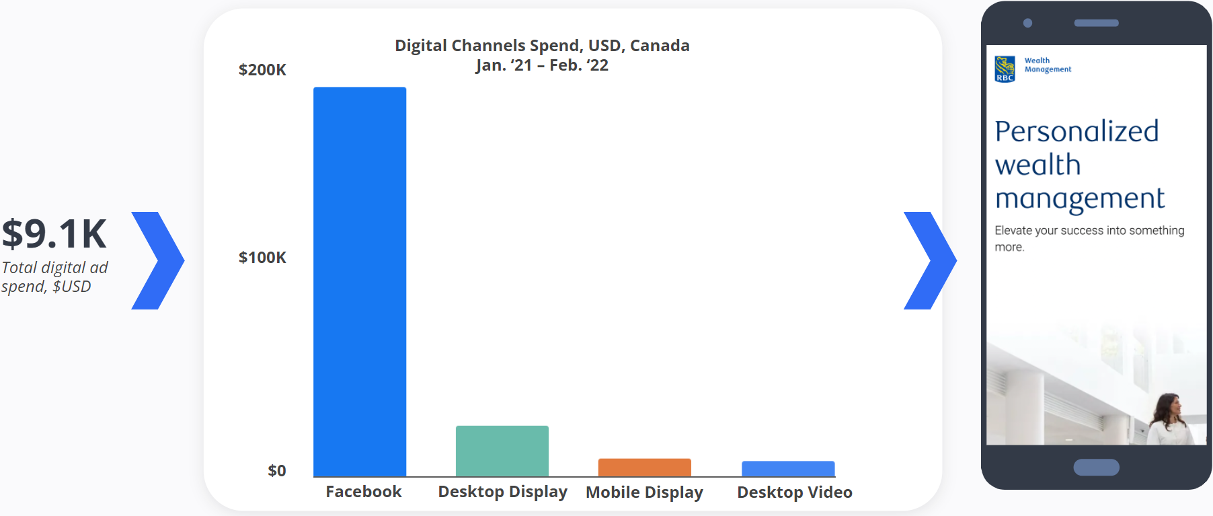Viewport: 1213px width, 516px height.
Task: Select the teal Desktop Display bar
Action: [x=502, y=451]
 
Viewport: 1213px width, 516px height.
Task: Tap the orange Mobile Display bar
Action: [x=644, y=468]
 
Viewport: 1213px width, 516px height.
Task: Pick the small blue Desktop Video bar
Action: [x=788, y=469]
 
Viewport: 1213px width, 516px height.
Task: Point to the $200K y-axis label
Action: [x=262, y=70]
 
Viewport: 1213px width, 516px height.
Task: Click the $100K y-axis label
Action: [x=262, y=258]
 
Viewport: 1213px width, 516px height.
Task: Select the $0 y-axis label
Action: [x=276, y=471]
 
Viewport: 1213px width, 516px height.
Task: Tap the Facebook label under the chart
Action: [x=364, y=492]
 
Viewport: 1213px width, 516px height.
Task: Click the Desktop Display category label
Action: [x=502, y=492]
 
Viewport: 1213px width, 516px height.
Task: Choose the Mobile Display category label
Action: [x=644, y=492]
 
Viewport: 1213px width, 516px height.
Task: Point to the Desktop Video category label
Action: [x=795, y=492]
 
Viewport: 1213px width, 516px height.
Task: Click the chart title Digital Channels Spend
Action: [x=542, y=46]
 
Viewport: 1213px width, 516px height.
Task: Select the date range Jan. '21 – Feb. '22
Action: [x=542, y=65]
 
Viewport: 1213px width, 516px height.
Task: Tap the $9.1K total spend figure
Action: [x=54, y=234]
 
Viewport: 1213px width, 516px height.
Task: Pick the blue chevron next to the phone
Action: [x=930, y=260]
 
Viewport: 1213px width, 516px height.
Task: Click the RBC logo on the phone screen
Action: [x=1005, y=69]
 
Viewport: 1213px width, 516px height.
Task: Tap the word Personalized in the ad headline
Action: [x=1077, y=131]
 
